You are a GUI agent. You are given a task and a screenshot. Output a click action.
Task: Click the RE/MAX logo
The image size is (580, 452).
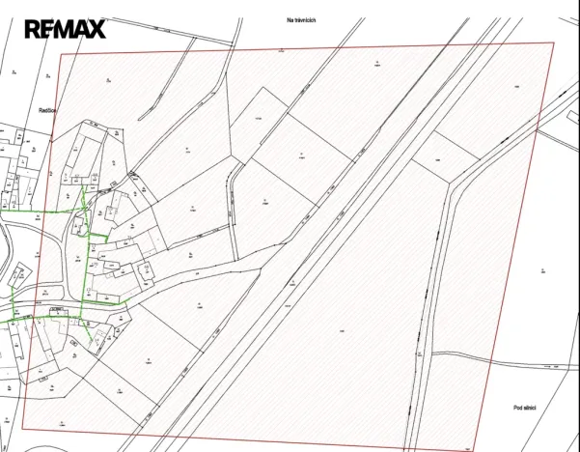[x=65, y=29]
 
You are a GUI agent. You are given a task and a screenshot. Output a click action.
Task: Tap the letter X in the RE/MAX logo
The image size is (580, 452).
[x=95, y=29]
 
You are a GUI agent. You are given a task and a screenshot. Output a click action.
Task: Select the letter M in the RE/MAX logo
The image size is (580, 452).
[x=64, y=29]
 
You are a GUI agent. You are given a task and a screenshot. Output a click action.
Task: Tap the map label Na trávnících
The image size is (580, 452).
[x=302, y=18]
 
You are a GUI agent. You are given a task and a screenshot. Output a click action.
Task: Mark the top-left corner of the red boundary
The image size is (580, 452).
[x=62, y=54]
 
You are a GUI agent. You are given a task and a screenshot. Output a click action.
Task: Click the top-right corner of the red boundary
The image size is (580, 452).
[x=555, y=42]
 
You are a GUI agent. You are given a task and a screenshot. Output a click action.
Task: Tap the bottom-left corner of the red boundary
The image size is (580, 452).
[x=22, y=430]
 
